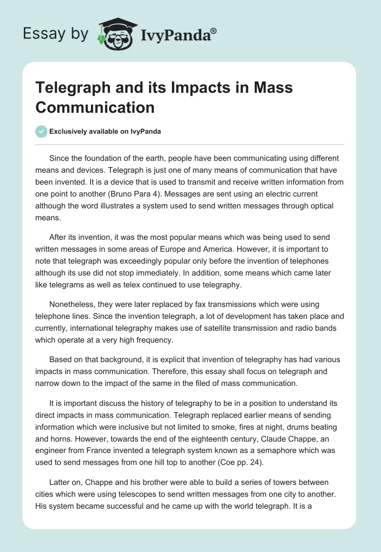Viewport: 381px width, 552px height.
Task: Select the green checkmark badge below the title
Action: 41,131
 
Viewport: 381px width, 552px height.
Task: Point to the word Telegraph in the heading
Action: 69,88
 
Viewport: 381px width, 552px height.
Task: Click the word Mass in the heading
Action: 272,88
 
